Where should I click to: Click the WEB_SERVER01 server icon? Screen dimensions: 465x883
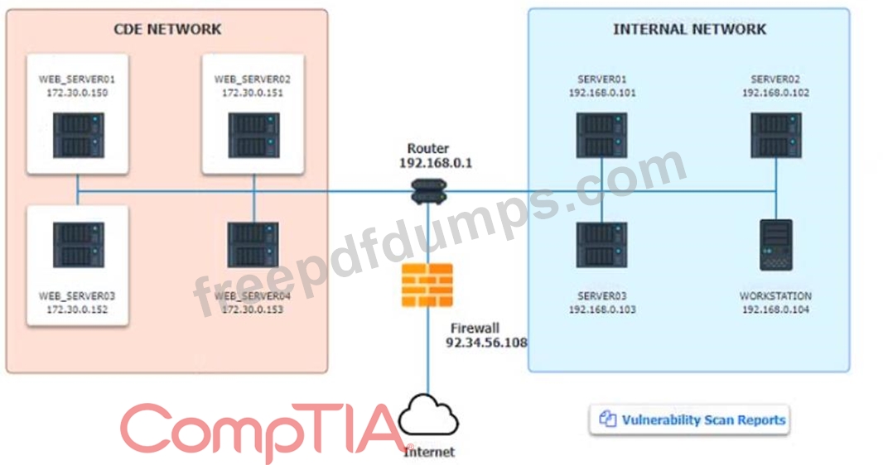(x=77, y=136)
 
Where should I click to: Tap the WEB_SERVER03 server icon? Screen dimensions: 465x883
(x=77, y=244)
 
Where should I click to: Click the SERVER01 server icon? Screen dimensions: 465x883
(x=602, y=135)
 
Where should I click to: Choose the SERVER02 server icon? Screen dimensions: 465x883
(x=775, y=135)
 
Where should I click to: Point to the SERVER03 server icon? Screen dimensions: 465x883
(x=602, y=244)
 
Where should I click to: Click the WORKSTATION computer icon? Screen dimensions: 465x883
(x=776, y=245)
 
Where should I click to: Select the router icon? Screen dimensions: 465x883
(x=428, y=194)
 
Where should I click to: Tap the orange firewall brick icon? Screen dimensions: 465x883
(x=427, y=285)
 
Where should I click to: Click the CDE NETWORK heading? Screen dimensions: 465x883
(x=167, y=29)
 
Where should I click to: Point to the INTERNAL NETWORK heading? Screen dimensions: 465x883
(x=689, y=29)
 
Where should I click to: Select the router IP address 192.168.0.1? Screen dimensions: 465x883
(x=436, y=163)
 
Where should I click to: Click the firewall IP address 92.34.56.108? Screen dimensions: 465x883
(x=486, y=343)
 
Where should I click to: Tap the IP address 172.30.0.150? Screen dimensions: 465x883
(x=77, y=93)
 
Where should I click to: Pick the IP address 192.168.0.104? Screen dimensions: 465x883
(x=775, y=309)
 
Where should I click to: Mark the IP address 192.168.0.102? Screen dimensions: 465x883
(x=775, y=93)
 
